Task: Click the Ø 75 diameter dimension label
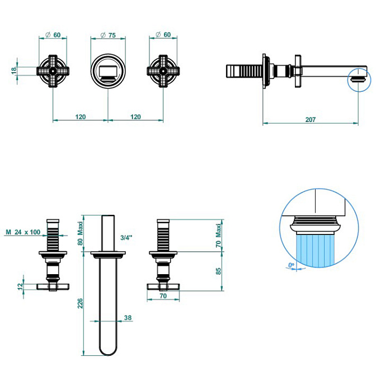[x=107, y=35]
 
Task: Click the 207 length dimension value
[x=311, y=119]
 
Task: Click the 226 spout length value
[x=81, y=303]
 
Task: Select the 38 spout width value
[x=128, y=317]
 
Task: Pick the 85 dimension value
[x=219, y=270]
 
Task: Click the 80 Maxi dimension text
[x=81, y=234]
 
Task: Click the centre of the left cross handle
[x=53, y=71]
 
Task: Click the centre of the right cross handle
[x=163, y=71]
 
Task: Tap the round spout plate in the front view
[x=107, y=71]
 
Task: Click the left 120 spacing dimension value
[x=80, y=117]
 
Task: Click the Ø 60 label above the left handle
[x=53, y=35]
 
